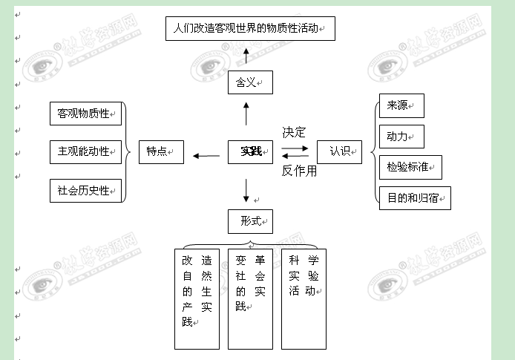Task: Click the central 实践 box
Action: click(x=250, y=152)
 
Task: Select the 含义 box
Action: click(x=250, y=82)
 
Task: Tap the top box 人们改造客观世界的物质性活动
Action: click(x=249, y=29)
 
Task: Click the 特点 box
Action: click(x=161, y=151)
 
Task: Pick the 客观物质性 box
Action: click(x=85, y=114)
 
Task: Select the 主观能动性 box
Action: click(x=85, y=151)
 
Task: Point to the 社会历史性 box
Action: click(x=85, y=191)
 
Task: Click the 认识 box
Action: click(x=340, y=151)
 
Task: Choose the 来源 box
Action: click(x=400, y=106)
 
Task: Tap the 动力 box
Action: click(x=400, y=137)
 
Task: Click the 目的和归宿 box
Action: click(x=414, y=198)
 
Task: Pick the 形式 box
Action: click(x=250, y=221)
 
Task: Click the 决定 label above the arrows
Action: click(x=294, y=133)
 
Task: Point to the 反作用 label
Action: click(x=299, y=171)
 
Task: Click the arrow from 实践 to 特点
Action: click(x=206, y=156)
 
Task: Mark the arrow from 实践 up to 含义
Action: click(x=246, y=115)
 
